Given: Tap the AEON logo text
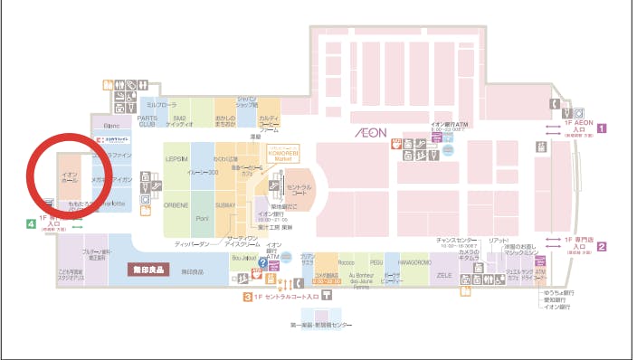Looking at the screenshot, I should pyautogui.click(x=371, y=133).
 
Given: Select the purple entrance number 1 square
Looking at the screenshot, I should pyautogui.click(x=601, y=128).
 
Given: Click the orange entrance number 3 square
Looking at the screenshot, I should pyautogui.click(x=246, y=296).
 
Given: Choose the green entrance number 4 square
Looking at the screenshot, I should pyautogui.click(x=32, y=221).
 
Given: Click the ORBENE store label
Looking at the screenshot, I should pyautogui.click(x=176, y=205).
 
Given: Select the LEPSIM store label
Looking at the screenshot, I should pyautogui.click(x=177, y=157).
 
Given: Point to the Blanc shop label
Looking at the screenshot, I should pyautogui.click(x=112, y=126).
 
